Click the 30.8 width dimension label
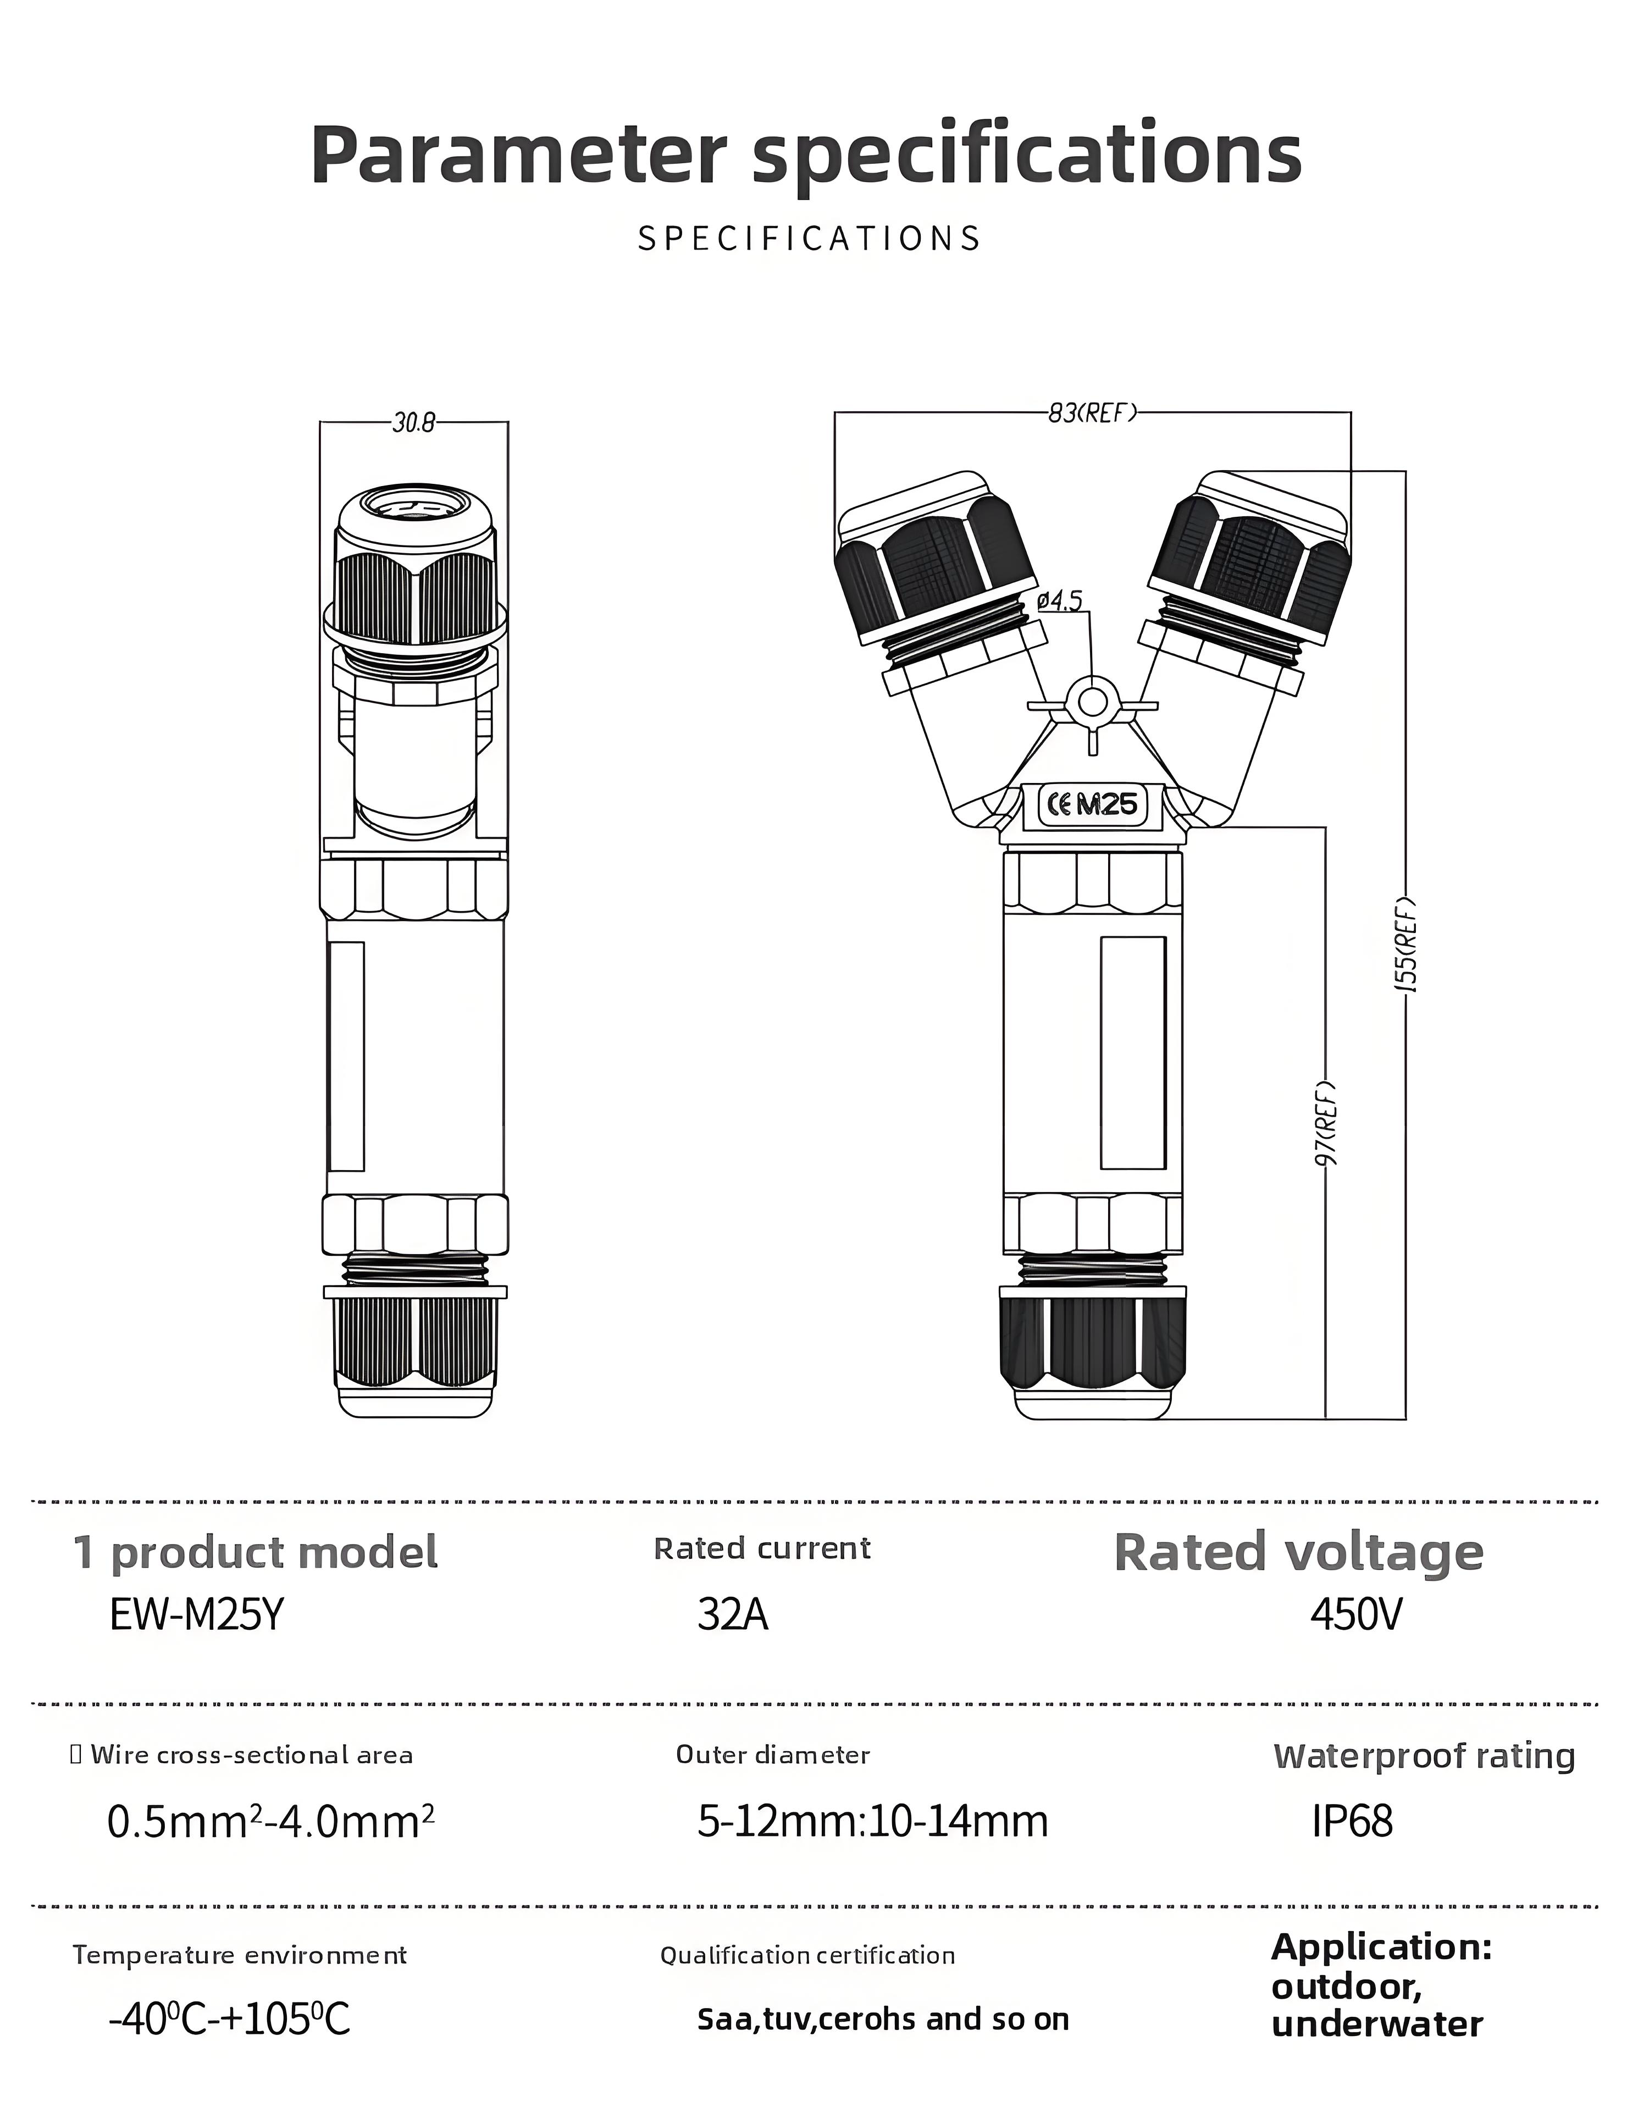pos(413,423)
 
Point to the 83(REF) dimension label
pos(1092,413)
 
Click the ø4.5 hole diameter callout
pos(1060,602)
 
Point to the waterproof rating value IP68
pos(1352,1821)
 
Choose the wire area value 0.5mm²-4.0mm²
pos(270,1821)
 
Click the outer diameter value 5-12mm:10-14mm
pos(872,1821)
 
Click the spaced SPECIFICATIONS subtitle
pos(809,239)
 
